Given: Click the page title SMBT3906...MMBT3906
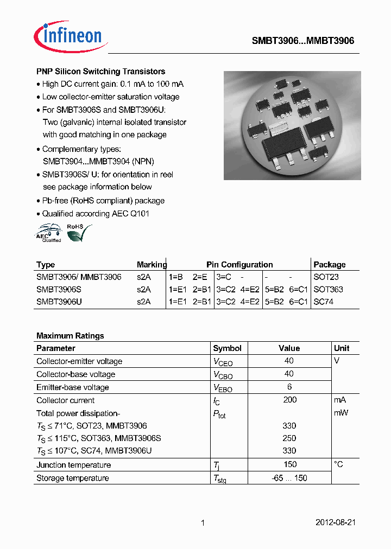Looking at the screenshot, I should coord(302,41).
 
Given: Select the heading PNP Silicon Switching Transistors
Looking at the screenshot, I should coord(100,72).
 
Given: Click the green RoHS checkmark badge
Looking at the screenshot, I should coord(78,232).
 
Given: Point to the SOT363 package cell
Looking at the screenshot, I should coord(328,289).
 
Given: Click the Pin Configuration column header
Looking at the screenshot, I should coord(239,265).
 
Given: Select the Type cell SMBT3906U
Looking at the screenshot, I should coord(59,302).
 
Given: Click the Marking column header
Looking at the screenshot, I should coord(152,265).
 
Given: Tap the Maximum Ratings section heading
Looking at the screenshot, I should coord(70,336).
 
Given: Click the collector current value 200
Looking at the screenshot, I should coord(289,400).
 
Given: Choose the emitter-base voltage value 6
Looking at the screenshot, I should coord(289,387).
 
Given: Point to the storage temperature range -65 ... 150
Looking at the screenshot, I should coord(289,478).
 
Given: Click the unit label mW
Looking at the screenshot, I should coord(341,413).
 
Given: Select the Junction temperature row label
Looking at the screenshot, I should coord(73,465).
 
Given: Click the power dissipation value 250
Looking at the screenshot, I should coord(289,438).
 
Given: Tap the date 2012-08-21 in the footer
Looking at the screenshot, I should coord(335,523).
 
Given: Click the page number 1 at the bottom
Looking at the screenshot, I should coord(202,523).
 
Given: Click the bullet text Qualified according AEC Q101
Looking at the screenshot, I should coord(96,214).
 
